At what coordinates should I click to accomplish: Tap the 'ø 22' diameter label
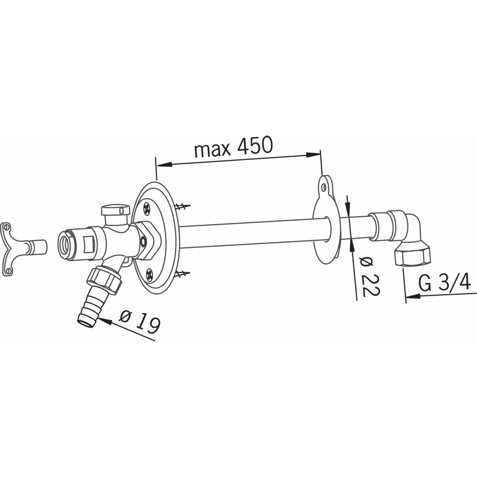point(370,276)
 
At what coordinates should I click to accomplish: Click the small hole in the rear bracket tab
point(324,187)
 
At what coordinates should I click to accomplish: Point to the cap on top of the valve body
point(115,210)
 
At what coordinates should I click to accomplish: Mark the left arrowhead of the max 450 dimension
point(164,165)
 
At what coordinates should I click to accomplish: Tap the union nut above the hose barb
point(105,280)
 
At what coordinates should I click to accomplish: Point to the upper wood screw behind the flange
point(182,206)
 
